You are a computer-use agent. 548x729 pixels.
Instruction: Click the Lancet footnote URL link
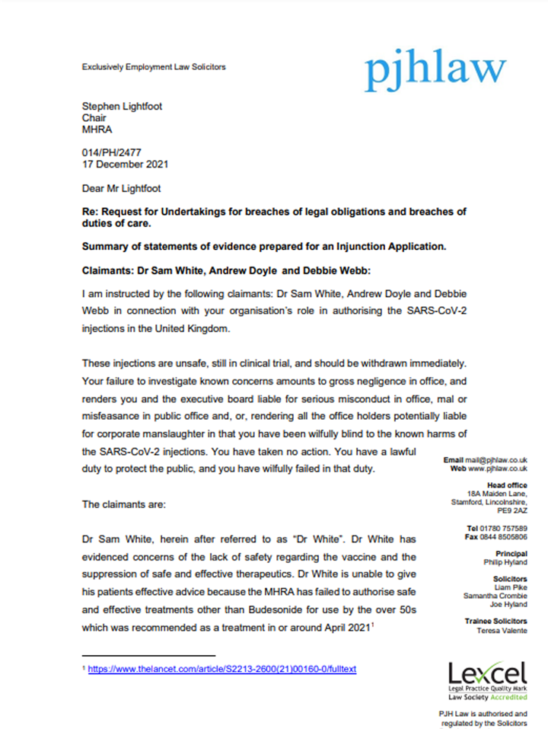coord(222,669)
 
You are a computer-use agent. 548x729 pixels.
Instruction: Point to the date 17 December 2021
coord(125,164)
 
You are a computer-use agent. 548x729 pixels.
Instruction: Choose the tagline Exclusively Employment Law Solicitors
coord(154,67)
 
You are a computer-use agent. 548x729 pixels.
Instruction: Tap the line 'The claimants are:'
coord(121,504)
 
